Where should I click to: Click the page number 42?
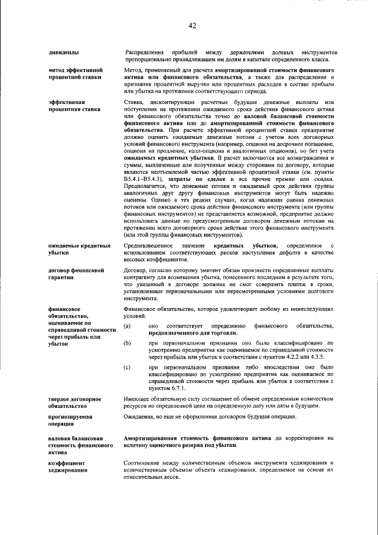(x=192, y=25)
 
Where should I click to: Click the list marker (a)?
(x=128, y=326)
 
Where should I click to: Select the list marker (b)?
(x=128, y=343)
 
